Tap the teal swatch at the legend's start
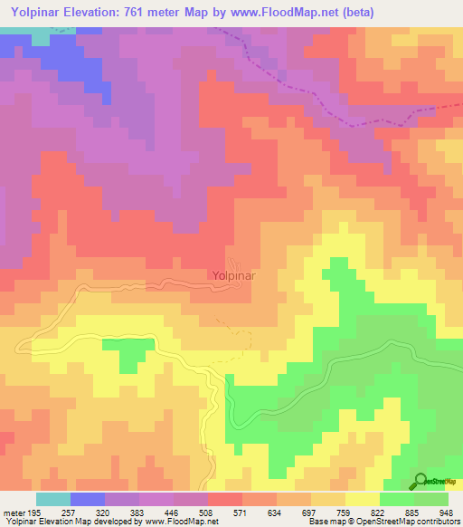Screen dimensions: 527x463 coord(53,499)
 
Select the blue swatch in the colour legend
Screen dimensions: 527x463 coord(88,499)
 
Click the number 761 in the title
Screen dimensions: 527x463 coord(146,12)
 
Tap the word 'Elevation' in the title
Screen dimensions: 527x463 coord(95,12)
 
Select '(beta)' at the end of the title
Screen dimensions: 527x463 coord(358,12)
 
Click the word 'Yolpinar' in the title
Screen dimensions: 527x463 coord(35,12)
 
